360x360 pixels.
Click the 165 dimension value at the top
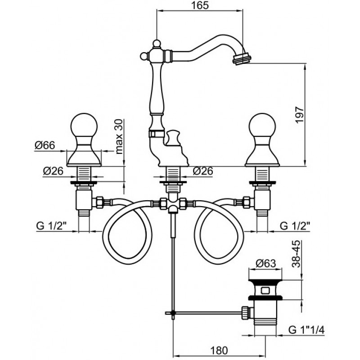tap(199, 5)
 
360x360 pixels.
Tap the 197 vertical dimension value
tap(299, 114)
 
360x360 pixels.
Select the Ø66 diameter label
tap(45, 145)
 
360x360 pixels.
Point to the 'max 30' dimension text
tap(119, 137)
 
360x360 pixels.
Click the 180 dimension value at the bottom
tap(219, 350)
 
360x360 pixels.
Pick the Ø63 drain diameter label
tap(265, 263)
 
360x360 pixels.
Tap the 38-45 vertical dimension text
tap(296, 254)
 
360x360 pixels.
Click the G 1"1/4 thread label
tap(306, 330)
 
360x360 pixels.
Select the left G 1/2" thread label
tap(51, 226)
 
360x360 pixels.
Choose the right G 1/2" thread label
tap(295, 226)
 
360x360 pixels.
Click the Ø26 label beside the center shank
tap(203, 171)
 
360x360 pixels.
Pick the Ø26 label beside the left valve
tap(53, 171)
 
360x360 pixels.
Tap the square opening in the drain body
tap(265, 291)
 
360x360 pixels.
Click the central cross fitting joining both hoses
tap(173, 203)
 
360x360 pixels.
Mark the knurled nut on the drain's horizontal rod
tap(245, 312)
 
